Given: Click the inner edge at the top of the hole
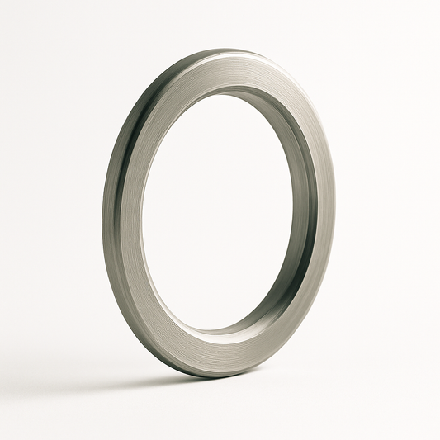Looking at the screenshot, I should (x=223, y=91).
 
